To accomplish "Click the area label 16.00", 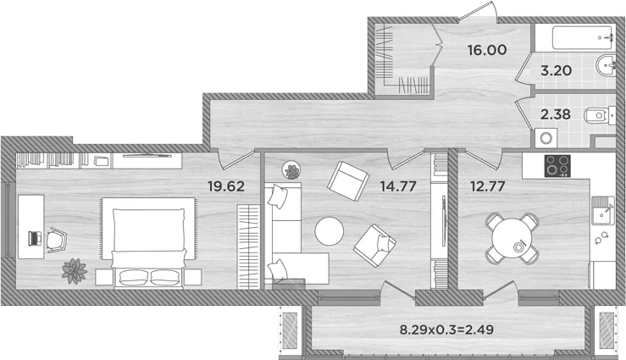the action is point(487,50).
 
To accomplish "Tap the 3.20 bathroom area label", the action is point(557,70).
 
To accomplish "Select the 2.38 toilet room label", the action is point(556,114).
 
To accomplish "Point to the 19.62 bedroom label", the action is point(226,186).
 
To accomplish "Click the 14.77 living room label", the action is point(398,186).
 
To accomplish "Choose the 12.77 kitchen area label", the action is point(487,186).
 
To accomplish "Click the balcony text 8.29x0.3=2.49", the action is point(446,330).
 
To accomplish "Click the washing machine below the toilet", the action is point(546,138).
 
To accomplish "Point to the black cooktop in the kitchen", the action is point(557,166).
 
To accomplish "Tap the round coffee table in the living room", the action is point(330,231).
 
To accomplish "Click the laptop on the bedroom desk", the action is point(35,238).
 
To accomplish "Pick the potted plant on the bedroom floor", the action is point(75,271).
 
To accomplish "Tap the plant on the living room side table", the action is point(292,171).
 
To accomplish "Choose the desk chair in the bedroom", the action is point(57,240).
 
